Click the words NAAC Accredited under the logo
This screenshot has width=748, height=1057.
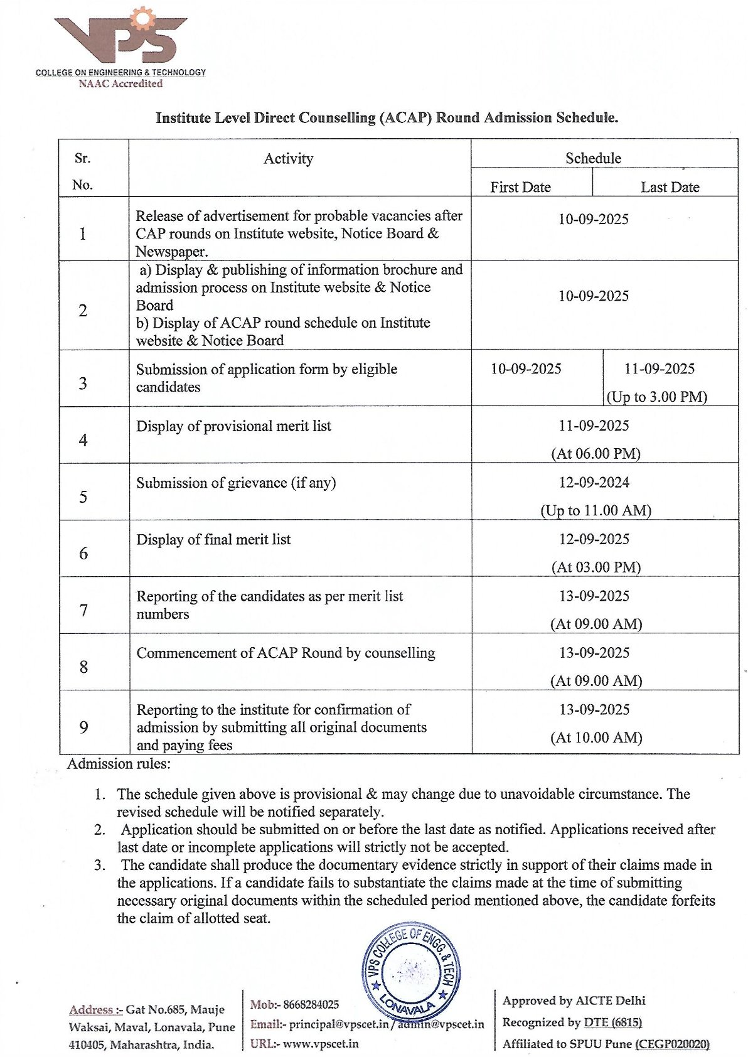click(120, 83)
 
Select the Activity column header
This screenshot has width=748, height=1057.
click(288, 159)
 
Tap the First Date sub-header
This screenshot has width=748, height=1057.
click(520, 187)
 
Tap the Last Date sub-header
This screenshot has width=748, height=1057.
click(670, 187)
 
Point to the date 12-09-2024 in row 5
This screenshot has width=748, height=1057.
click(594, 483)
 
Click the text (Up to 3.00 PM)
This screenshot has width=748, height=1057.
click(656, 397)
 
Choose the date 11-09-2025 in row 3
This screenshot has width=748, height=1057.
click(659, 369)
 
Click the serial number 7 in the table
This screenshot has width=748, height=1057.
click(83, 610)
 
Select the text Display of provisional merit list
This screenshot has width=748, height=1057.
click(233, 426)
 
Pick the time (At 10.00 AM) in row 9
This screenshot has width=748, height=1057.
click(596, 738)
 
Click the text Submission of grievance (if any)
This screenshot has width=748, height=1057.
click(236, 483)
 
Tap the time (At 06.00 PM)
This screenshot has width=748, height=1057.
click(596, 454)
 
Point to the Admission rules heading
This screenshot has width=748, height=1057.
click(119, 764)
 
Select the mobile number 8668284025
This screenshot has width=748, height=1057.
click(311, 1005)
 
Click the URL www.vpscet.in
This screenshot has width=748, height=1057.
click(321, 1044)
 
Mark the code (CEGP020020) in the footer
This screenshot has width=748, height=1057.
click(672, 1044)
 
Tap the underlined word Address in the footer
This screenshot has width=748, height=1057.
click(91, 1010)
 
